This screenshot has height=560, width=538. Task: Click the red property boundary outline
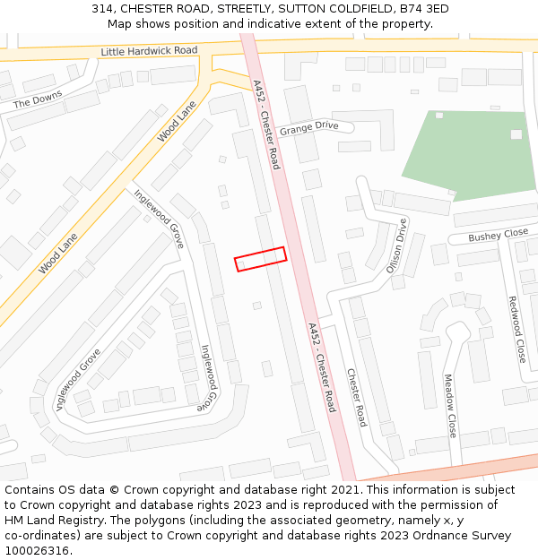coord(260,259)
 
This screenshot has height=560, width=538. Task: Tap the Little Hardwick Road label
coord(149,51)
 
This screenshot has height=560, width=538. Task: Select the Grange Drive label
coord(308,127)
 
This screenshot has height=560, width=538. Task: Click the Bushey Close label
coord(499,236)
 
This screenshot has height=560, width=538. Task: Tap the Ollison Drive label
coord(396,246)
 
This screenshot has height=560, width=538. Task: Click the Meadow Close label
coord(450,406)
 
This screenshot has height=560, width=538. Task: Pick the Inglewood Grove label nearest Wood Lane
coord(160,219)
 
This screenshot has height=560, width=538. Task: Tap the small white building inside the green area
coord(516,134)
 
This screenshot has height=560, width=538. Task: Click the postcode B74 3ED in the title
coord(421,9)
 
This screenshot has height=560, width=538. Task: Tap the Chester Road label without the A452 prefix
coord(357,397)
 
